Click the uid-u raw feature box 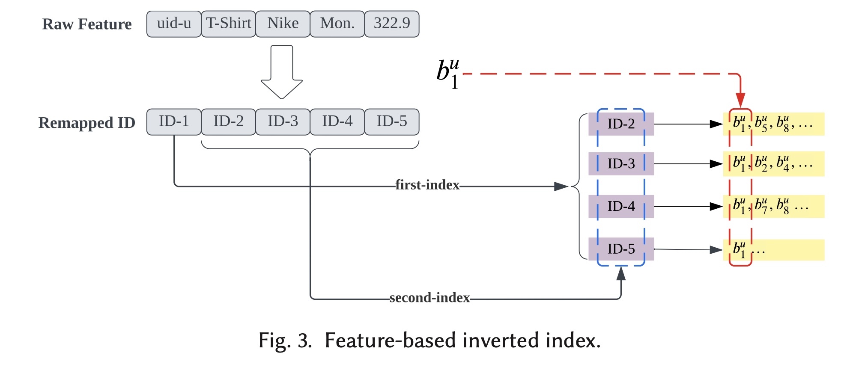coord(174,24)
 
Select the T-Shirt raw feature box coord(228,24)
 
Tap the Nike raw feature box coord(283,24)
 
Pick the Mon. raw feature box coord(337,24)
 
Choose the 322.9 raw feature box coord(392,24)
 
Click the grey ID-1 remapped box coord(174,122)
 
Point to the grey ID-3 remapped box coord(283,122)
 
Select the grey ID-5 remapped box coord(392,122)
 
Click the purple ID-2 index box coord(621,124)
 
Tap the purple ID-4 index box coord(621,207)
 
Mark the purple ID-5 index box coord(621,249)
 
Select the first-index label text coord(427,185)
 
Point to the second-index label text coord(429,298)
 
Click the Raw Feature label coord(87,24)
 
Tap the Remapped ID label coord(87,123)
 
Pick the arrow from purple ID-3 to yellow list coord(688,164)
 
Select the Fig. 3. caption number coord(285,341)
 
